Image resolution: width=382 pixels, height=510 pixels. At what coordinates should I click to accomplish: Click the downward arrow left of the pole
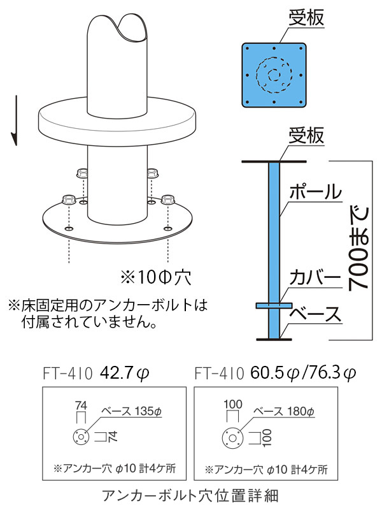point(15,120)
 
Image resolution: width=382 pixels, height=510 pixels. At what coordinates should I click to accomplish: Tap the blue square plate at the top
point(274,75)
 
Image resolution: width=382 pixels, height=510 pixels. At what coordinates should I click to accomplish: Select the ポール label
point(315,191)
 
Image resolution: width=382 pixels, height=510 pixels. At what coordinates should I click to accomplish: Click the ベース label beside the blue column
point(315,314)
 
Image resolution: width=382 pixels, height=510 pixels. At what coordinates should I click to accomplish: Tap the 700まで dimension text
point(358,248)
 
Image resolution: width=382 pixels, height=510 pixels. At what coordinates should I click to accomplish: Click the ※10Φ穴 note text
point(156,277)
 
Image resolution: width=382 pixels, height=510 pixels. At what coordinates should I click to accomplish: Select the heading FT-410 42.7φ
point(96,373)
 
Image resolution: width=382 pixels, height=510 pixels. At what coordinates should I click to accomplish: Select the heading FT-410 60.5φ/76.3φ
point(275,373)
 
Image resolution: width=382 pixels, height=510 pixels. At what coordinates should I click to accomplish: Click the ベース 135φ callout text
point(132,411)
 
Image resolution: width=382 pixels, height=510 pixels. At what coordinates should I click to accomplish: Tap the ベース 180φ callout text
point(284,411)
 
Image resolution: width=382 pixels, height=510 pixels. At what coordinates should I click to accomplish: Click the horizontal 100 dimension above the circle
point(233,405)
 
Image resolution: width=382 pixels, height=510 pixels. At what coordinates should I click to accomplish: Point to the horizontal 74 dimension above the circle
point(81,405)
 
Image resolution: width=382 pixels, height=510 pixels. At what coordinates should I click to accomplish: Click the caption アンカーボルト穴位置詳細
point(190,496)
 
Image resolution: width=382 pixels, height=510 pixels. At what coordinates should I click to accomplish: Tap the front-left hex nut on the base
point(69,200)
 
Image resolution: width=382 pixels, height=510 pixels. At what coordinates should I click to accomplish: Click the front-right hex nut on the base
point(167,200)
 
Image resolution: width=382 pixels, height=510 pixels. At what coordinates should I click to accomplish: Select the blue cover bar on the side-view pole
point(274,305)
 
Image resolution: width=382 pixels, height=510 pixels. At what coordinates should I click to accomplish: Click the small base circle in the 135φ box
point(81,437)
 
